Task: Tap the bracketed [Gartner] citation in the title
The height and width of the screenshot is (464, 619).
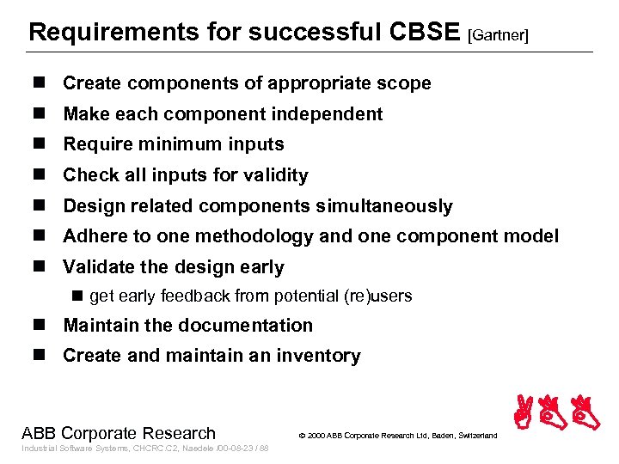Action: [499, 35]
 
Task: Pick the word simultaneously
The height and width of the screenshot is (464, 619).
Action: [389, 206]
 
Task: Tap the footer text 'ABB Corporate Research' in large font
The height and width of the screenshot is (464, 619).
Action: [119, 433]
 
